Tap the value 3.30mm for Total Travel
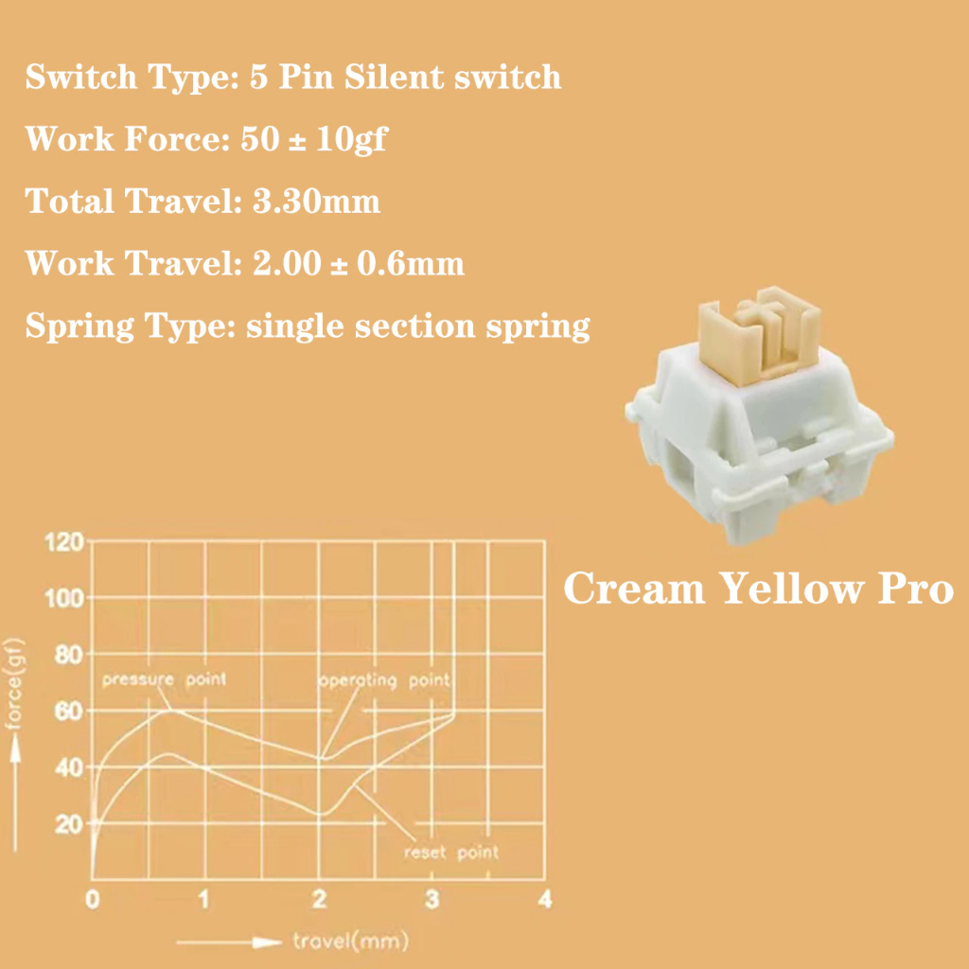click(317, 201)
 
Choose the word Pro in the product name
click(913, 589)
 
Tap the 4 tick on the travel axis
click(544, 899)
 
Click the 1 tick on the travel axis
click(204, 899)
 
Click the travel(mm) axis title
click(350, 942)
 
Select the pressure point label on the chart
click(164, 678)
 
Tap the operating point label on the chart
click(383, 681)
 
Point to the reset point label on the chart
click(450, 852)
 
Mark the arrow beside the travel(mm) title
click(231, 943)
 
